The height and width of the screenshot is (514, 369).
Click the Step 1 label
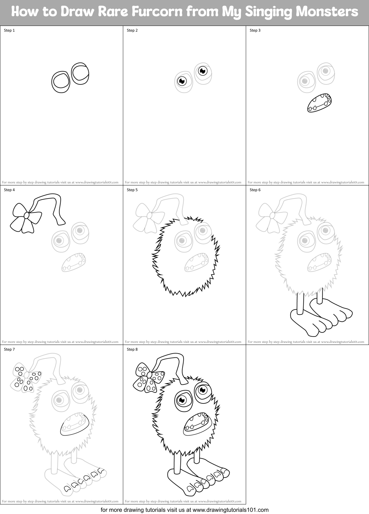pos(9,30)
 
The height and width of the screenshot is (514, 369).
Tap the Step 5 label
pos(132,190)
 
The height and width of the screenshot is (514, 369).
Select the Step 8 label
pos(132,349)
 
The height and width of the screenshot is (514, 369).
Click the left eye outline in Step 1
pos(61,82)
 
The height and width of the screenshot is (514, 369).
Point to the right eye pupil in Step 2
pos(202,71)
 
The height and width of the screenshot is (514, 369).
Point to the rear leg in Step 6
pos(320,296)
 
